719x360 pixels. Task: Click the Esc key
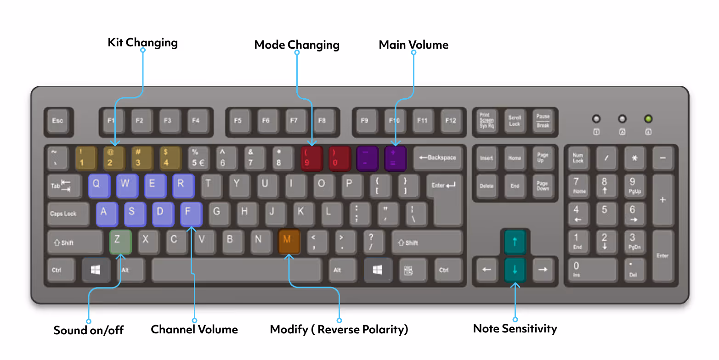[x=57, y=121]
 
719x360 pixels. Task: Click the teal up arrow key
[x=515, y=242]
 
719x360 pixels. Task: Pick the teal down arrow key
[x=515, y=270]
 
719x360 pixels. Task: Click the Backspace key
[x=437, y=158]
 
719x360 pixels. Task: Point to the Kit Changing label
[x=142, y=43]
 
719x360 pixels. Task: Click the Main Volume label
[x=413, y=45]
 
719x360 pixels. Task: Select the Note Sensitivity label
[x=515, y=329]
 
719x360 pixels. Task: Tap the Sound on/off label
[x=89, y=330]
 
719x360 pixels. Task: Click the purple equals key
[x=395, y=158]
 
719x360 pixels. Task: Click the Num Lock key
[x=578, y=158]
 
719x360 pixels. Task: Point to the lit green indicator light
[x=648, y=119]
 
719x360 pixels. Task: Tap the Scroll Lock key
[x=515, y=121]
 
